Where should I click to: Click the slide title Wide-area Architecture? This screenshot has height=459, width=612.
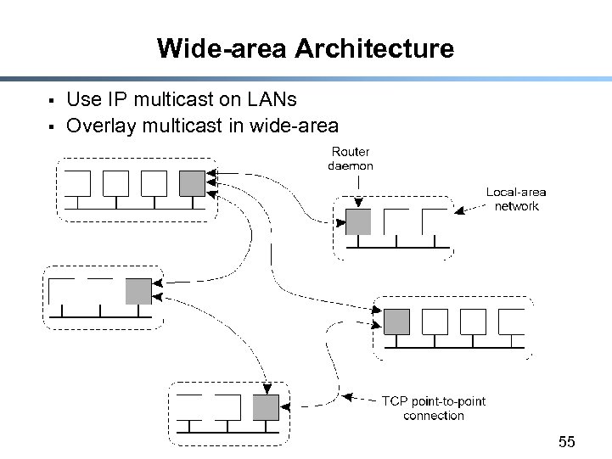pos(306,48)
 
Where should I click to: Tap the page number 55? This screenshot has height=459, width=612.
pos(567,441)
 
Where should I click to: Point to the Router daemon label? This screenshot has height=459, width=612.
pos(351,159)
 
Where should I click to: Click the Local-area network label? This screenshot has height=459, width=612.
pos(516,199)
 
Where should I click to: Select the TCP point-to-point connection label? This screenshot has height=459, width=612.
pos(434,408)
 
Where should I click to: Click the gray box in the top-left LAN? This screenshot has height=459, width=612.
pos(193,182)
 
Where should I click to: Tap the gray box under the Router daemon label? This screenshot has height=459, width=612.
pos(358,221)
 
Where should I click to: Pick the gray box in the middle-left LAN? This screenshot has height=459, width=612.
pos(138,291)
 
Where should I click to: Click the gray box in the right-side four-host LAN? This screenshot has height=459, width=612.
pos(396,322)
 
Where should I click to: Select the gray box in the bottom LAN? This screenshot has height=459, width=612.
pos(266,407)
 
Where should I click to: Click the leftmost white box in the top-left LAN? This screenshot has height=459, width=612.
pos(77,183)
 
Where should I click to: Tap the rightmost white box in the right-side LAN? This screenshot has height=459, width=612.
pos(511,322)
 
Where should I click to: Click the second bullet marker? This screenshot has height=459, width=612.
pos(52,128)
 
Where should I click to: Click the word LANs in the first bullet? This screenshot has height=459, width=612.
pos(272,100)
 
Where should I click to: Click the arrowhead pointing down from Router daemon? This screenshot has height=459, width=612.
pos(359,202)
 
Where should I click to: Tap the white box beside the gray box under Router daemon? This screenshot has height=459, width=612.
pos(396,221)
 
